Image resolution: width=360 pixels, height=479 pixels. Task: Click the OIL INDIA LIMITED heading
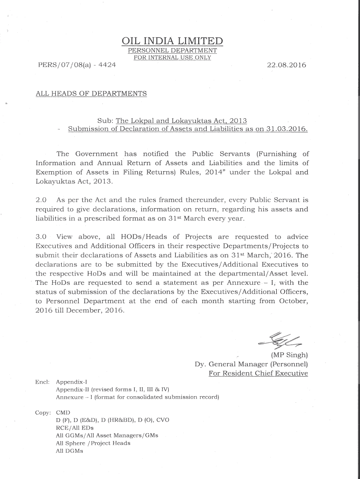(172, 41)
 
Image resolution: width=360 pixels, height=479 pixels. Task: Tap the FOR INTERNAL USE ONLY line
(172, 58)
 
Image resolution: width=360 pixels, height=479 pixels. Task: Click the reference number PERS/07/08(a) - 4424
(76, 65)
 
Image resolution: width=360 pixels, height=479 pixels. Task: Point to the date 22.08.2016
(286, 65)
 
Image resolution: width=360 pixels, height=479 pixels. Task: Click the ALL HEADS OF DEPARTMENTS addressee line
(91, 94)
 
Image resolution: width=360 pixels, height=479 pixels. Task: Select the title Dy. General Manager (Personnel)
(251, 364)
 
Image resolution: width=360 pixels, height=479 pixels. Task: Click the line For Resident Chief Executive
(258, 373)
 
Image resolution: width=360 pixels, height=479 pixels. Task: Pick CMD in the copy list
(63, 413)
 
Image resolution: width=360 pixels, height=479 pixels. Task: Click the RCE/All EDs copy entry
(75, 428)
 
